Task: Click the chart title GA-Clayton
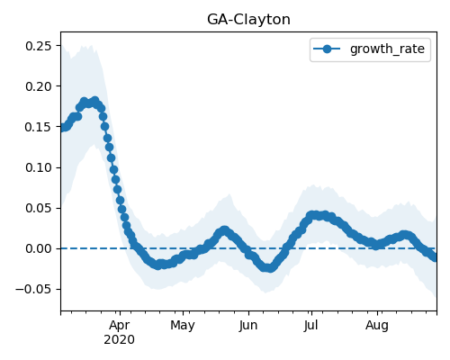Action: [248, 20]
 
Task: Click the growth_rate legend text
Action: [387, 49]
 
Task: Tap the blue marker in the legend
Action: [327, 49]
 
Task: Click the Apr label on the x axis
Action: [120, 326]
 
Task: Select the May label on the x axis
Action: [183, 326]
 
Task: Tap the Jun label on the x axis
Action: [248, 326]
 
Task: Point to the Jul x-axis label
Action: [310, 326]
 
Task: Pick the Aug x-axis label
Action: [377, 326]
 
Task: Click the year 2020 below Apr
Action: [119, 340]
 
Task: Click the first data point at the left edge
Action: [62, 128]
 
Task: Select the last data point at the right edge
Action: [435, 257]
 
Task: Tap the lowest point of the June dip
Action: [269, 268]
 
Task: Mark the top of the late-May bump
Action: [224, 230]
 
